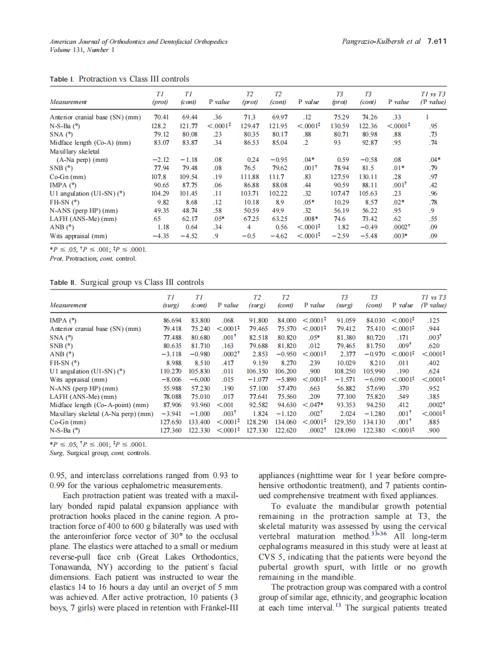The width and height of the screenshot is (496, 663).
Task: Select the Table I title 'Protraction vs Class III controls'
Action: tap(134, 79)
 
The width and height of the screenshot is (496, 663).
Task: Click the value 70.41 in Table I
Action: tap(162, 116)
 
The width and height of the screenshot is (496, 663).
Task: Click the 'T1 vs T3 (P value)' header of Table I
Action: tap(433, 97)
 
